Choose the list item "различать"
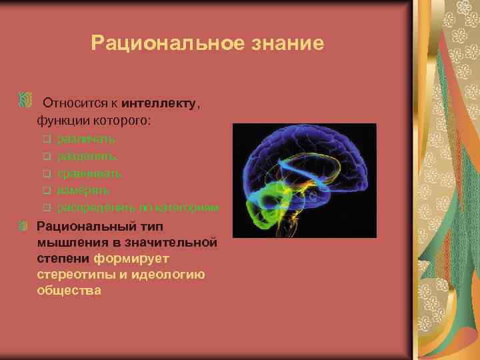click(86, 139)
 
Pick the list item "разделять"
click(87, 157)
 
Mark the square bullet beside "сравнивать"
click(47, 173)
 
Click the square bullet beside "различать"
click(47, 139)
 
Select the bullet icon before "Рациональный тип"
click(25, 226)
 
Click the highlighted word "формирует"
click(132, 258)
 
